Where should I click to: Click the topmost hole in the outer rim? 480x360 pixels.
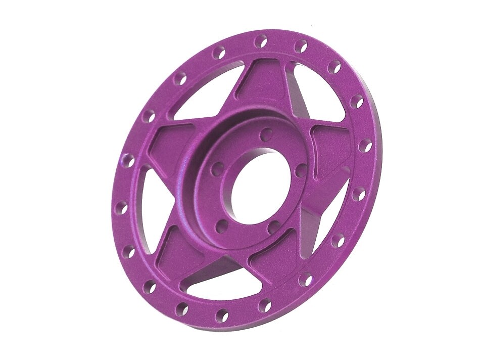click(x=261, y=40)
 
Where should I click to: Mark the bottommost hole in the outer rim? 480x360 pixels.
click(x=221, y=317)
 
